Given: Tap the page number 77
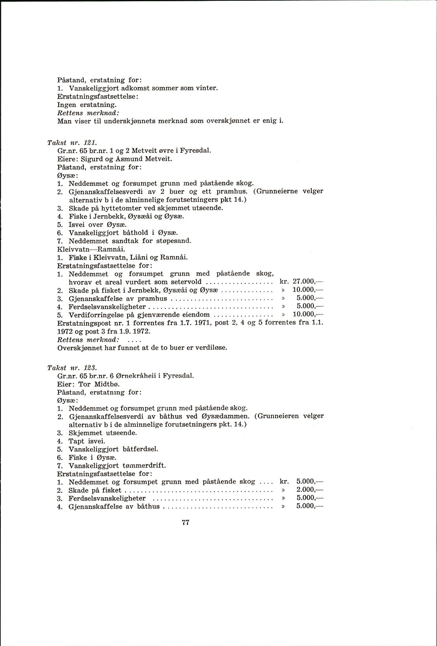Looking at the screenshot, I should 186,522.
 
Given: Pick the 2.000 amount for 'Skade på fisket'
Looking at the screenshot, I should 305,490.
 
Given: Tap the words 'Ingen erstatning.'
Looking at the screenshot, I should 87,105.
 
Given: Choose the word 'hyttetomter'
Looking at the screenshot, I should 119,208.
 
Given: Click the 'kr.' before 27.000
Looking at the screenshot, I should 284,282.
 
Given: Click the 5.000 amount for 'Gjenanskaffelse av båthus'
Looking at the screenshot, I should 305,506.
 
